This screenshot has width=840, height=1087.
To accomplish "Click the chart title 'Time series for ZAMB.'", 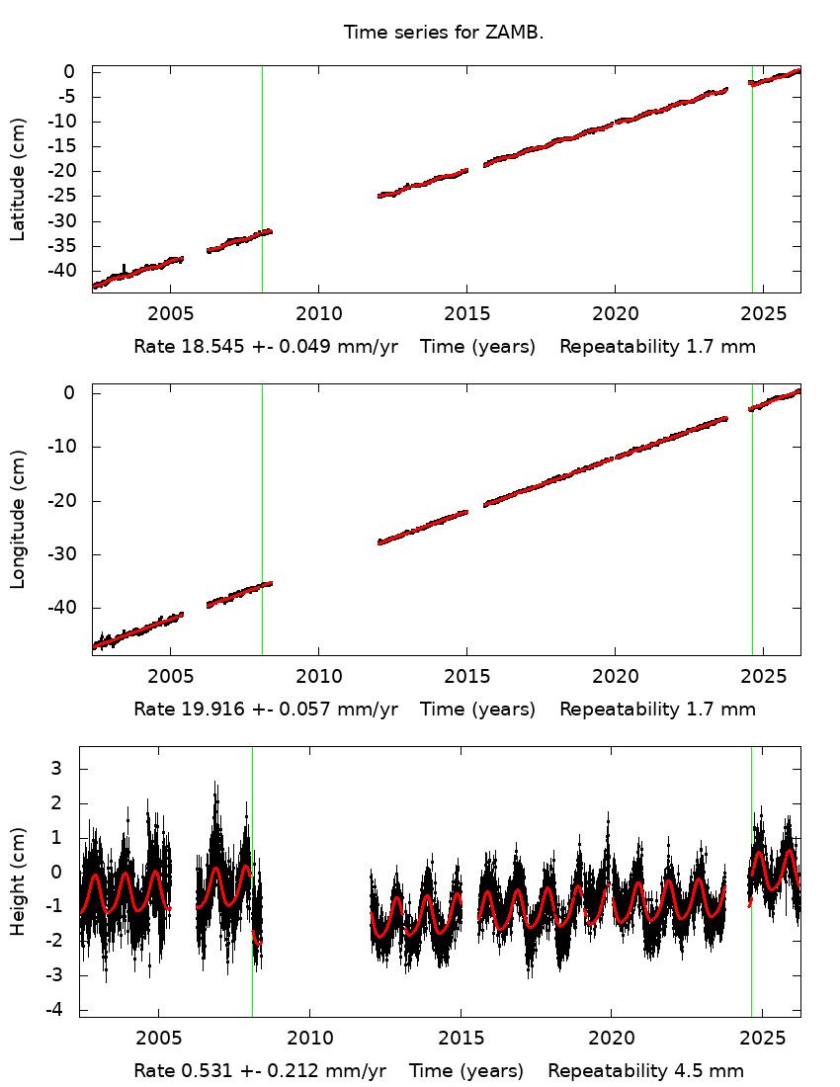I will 444,33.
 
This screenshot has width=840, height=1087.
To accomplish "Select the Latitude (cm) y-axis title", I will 18,179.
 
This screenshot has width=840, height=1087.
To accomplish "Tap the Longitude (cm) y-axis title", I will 18,519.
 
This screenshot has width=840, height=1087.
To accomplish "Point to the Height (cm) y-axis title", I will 18,880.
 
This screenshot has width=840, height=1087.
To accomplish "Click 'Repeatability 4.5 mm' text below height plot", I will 645,1071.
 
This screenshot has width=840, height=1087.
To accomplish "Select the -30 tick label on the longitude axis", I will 61,554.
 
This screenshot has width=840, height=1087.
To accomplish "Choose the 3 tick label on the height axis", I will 69,768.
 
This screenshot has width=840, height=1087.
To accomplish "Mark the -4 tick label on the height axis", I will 65,1010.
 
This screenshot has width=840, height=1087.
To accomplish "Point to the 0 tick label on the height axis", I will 69,872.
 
